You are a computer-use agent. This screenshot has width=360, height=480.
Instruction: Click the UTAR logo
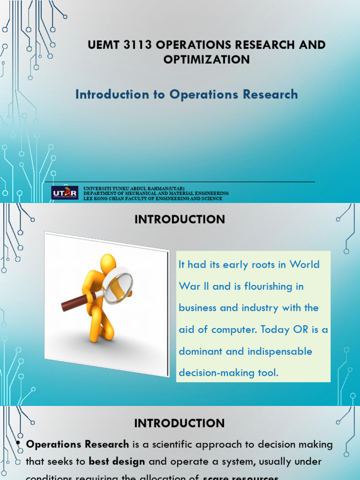pos(65,193)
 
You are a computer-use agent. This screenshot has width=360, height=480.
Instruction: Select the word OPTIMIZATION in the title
pos(206,60)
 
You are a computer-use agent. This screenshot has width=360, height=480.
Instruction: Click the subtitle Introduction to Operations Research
pos(187,94)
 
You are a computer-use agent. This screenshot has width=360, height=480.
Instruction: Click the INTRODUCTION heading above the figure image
pos(180,219)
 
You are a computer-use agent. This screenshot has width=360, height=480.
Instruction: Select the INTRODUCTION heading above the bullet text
pos(180,423)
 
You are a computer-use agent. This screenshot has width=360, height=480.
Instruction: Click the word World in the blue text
pos(304,264)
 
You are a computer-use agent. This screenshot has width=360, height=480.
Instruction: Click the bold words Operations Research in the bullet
pos(77,444)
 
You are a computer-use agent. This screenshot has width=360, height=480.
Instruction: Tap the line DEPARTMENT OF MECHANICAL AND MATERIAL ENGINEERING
pos(156,193)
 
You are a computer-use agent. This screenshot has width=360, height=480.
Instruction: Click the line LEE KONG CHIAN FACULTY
pos(152,198)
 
